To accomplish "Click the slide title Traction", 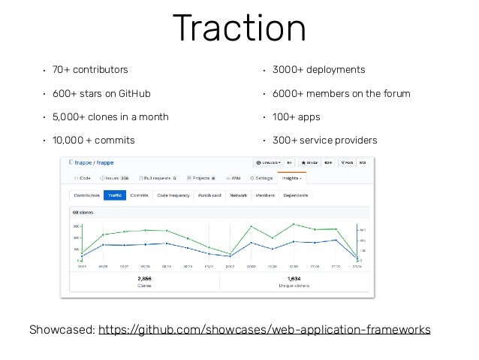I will point(239,29).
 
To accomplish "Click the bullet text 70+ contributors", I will point(90,70).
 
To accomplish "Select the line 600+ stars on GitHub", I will point(101,94).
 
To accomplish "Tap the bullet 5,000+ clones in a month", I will point(110,117).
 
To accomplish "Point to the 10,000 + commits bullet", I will point(94,141).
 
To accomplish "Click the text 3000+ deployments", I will point(319,70).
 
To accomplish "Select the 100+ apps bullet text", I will point(298,117).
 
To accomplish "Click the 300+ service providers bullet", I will point(324,141).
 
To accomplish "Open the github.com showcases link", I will point(264,329).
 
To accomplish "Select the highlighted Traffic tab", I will point(115,195).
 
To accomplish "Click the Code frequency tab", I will point(173,195).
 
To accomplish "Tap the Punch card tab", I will point(209,195).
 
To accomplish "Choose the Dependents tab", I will point(296,195).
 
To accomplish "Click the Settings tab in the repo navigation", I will point(262,178).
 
